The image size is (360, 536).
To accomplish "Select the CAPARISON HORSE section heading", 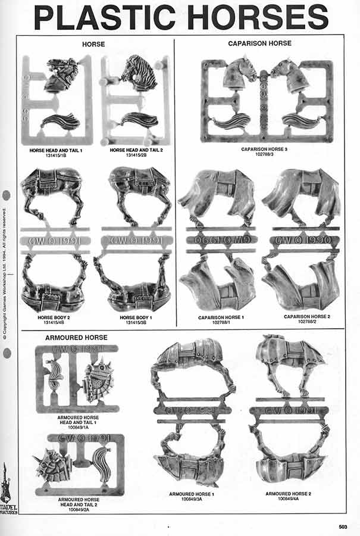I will pos(259,44).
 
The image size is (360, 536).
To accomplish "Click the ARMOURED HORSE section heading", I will pos(76,338).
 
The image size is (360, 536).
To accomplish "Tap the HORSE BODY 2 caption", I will pos(54,317).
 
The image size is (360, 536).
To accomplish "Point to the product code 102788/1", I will pos(221,323).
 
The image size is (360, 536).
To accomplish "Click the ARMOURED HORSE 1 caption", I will pos(191,494).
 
